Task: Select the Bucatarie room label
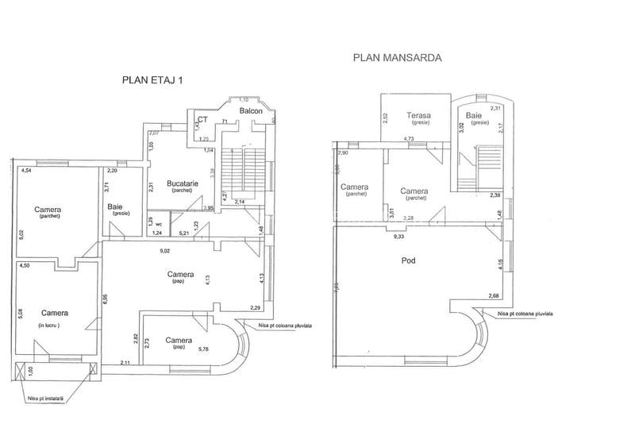[x=182, y=183]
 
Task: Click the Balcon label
[x=251, y=112]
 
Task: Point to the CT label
[x=202, y=119]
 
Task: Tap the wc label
[x=159, y=223]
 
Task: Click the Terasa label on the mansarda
[x=418, y=114]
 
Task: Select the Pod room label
[x=410, y=260]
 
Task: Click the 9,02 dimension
[x=164, y=251]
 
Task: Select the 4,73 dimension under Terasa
[x=409, y=139]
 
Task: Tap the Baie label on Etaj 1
[x=115, y=207]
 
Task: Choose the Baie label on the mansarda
[x=479, y=115]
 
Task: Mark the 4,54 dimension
[x=26, y=170]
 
